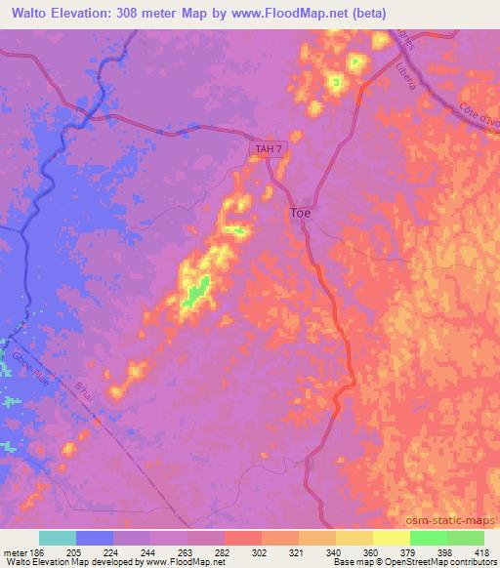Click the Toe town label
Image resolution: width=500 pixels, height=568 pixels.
pos(300,212)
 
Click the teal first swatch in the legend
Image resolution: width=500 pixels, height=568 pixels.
pos(58,538)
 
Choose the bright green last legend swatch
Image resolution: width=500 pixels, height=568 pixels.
pos(465,538)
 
